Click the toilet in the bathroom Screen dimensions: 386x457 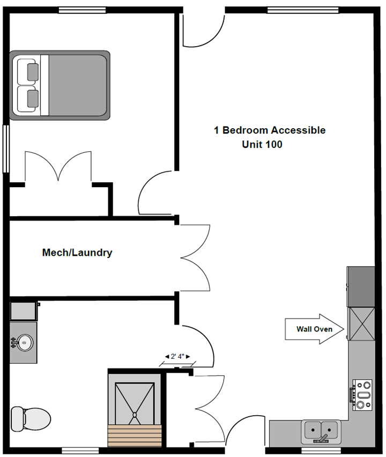click(31, 419)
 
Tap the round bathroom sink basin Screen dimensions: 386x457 click(25, 343)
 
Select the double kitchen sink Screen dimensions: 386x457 click(321, 431)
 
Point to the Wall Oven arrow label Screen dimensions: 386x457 click(314, 329)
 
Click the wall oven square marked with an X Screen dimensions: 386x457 click(362, 324)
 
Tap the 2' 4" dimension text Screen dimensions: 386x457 click(177, 356)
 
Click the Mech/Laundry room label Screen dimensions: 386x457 click(77, 253)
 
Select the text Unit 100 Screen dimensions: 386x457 click(262, 144)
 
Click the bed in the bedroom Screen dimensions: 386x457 click(60, 85)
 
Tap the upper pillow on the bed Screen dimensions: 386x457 click(33, 72)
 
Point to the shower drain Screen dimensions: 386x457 click(135, 415)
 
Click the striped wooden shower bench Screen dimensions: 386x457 click(135, 436)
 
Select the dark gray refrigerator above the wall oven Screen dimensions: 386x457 click(361, 286)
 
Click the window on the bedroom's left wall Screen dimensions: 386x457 click(5, 149)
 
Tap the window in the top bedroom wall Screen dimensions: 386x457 click(82, 10)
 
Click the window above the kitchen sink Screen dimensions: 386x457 click(321, 451)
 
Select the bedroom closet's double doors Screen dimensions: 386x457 click(58, 166)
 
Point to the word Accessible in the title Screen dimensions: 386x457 click(298, 130)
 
